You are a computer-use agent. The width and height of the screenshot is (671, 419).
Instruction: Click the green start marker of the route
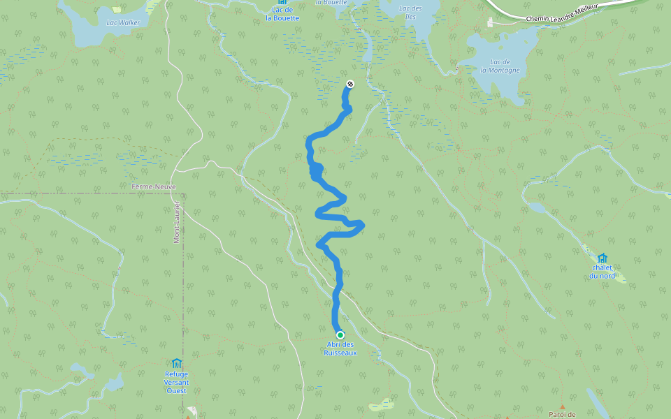[340, 335]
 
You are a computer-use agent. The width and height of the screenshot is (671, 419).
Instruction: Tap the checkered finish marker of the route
[350, 84]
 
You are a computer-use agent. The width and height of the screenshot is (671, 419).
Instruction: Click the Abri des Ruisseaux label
[340, 348]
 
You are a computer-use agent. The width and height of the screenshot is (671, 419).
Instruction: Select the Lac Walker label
[123, 22]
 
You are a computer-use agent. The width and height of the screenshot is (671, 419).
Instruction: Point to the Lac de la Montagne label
[500, 66]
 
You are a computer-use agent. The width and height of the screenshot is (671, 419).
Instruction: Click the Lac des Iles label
[411, 12]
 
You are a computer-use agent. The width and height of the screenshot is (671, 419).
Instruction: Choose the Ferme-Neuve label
[154, 186]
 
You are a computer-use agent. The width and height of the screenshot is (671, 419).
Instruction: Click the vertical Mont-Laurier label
[177, 222]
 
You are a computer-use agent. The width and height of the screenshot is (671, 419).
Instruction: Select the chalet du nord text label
[602, 272]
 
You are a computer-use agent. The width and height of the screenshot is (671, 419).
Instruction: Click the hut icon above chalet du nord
[602, 258]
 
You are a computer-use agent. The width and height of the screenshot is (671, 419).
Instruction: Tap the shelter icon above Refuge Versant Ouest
[176, 363]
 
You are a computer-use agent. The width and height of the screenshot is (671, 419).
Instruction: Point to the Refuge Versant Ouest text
[176, 382]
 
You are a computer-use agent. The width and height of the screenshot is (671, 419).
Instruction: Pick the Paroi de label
[562, 414]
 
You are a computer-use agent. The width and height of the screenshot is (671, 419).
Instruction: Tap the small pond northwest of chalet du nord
[536, 207]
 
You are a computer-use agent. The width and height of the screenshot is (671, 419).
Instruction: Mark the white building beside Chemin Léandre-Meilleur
[490, 23]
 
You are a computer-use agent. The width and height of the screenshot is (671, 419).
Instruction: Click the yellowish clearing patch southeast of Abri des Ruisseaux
[382, 404]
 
